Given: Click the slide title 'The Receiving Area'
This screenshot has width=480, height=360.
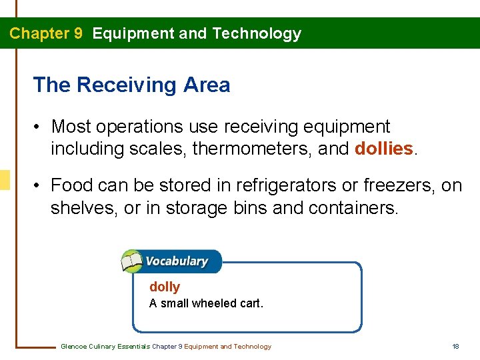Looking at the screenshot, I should pyautogui.click(x=131, y=85).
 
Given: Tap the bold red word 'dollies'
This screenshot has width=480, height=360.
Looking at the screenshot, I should pyautogui.click(x=384, y=149).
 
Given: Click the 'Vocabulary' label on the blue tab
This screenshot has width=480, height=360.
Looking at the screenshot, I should pyautogui.click(x=177, y=261).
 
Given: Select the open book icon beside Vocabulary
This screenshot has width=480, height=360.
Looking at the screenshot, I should pyautogui.click(x=132, y=261).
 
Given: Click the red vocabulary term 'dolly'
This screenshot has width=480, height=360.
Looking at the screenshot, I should pyautogui.click(x=165, y=287).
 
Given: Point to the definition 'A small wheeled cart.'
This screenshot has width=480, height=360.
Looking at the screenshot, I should pyautogui.click(x=206, y=303).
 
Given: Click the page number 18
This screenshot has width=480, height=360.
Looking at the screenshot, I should pyautogui.click(x=455, y=346).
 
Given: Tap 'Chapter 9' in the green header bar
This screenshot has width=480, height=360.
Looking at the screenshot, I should pyautogui.click(x=46, y=33).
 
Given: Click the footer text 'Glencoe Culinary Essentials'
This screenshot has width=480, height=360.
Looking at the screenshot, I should pyautogui.click(x=105, y=346).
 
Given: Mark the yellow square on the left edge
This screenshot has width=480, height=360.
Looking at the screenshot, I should pyautogui.click(x=5, y=180).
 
